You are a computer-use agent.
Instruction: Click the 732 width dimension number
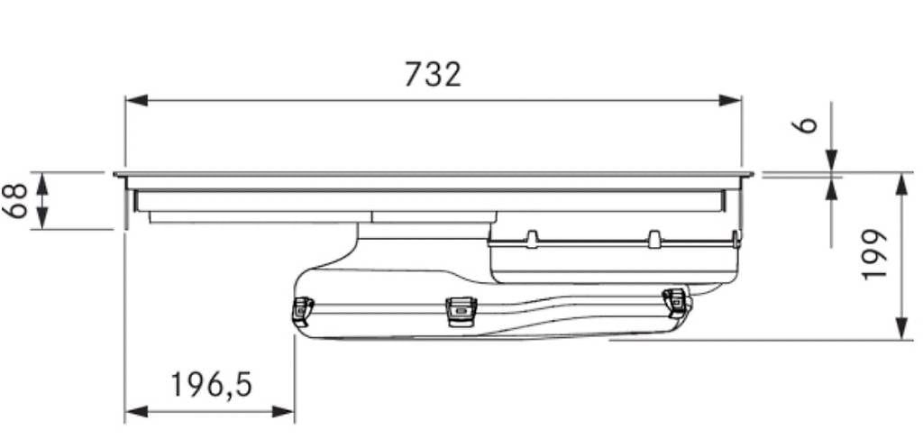click(x=434, y=75)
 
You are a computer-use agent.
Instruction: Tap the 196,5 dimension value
click(x=211, y=386)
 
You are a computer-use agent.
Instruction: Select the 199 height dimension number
click(x=873, y=255)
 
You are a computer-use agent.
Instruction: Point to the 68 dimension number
click(x=17, y=201)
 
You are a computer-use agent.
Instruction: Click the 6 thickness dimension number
click(x=809, y=124)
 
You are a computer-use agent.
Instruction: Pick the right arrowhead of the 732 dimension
click(x=730, y=101)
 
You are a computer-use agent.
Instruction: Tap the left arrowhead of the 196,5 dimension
click(x=136, y=411)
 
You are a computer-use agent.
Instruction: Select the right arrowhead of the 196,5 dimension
click(x=282, y=411)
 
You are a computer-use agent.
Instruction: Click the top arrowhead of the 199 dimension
click(x=901, y=184)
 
